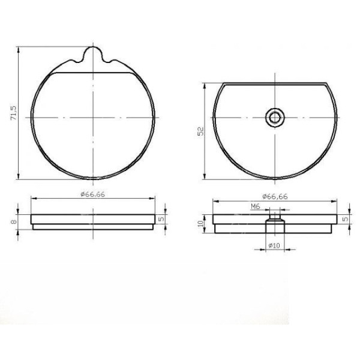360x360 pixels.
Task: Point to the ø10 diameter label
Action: click(x=274, y=245)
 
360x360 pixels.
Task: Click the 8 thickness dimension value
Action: click(x=12, y=222)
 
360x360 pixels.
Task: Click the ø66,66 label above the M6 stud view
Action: click(x=274, y=196)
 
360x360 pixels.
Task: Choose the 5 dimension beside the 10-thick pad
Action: click(x=344, y=219)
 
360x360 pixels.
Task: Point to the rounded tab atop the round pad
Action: click(x=93, y=54)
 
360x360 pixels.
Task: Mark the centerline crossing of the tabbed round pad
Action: click(x=93, y=118)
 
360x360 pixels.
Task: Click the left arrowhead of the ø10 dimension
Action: click(x=264, y=250)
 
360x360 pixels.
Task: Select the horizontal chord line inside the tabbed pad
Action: click(x=93, y=73)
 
